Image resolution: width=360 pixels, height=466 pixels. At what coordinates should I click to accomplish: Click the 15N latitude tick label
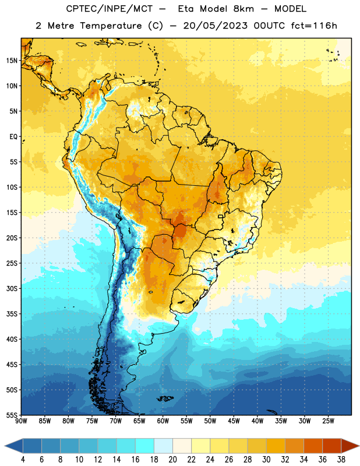(x=12, y=61)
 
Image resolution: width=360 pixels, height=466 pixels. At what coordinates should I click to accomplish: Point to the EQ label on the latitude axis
(x=13, y=137)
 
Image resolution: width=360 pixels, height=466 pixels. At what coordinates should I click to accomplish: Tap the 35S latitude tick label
(x=12, y=314)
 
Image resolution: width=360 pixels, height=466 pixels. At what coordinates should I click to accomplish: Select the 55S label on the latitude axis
(x=12, y=415)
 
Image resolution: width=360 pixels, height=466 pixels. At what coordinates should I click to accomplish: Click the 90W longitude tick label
(x=21, y=421)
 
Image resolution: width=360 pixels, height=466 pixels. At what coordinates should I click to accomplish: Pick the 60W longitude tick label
(x=163, y=421)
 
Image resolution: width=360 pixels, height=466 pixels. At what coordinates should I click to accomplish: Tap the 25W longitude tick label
(x=328, y=421)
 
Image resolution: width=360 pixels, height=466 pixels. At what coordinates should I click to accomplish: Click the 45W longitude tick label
(x=234, y=421)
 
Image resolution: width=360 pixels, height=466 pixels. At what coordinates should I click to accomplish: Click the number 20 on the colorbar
(x=172, y=460)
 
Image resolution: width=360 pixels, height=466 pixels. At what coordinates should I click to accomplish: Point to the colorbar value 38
(x=341, y=460)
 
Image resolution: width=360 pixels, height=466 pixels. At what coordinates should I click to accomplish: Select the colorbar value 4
(x=23, y=460)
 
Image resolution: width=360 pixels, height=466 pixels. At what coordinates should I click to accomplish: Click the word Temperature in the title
(x=111, y=26)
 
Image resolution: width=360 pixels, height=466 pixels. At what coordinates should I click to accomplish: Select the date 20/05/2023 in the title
(x=215, y=26)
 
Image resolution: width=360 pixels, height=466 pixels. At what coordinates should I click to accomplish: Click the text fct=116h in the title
(x=314, y=26)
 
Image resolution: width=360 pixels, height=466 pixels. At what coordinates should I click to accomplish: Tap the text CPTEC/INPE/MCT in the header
(x=110, y=9)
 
